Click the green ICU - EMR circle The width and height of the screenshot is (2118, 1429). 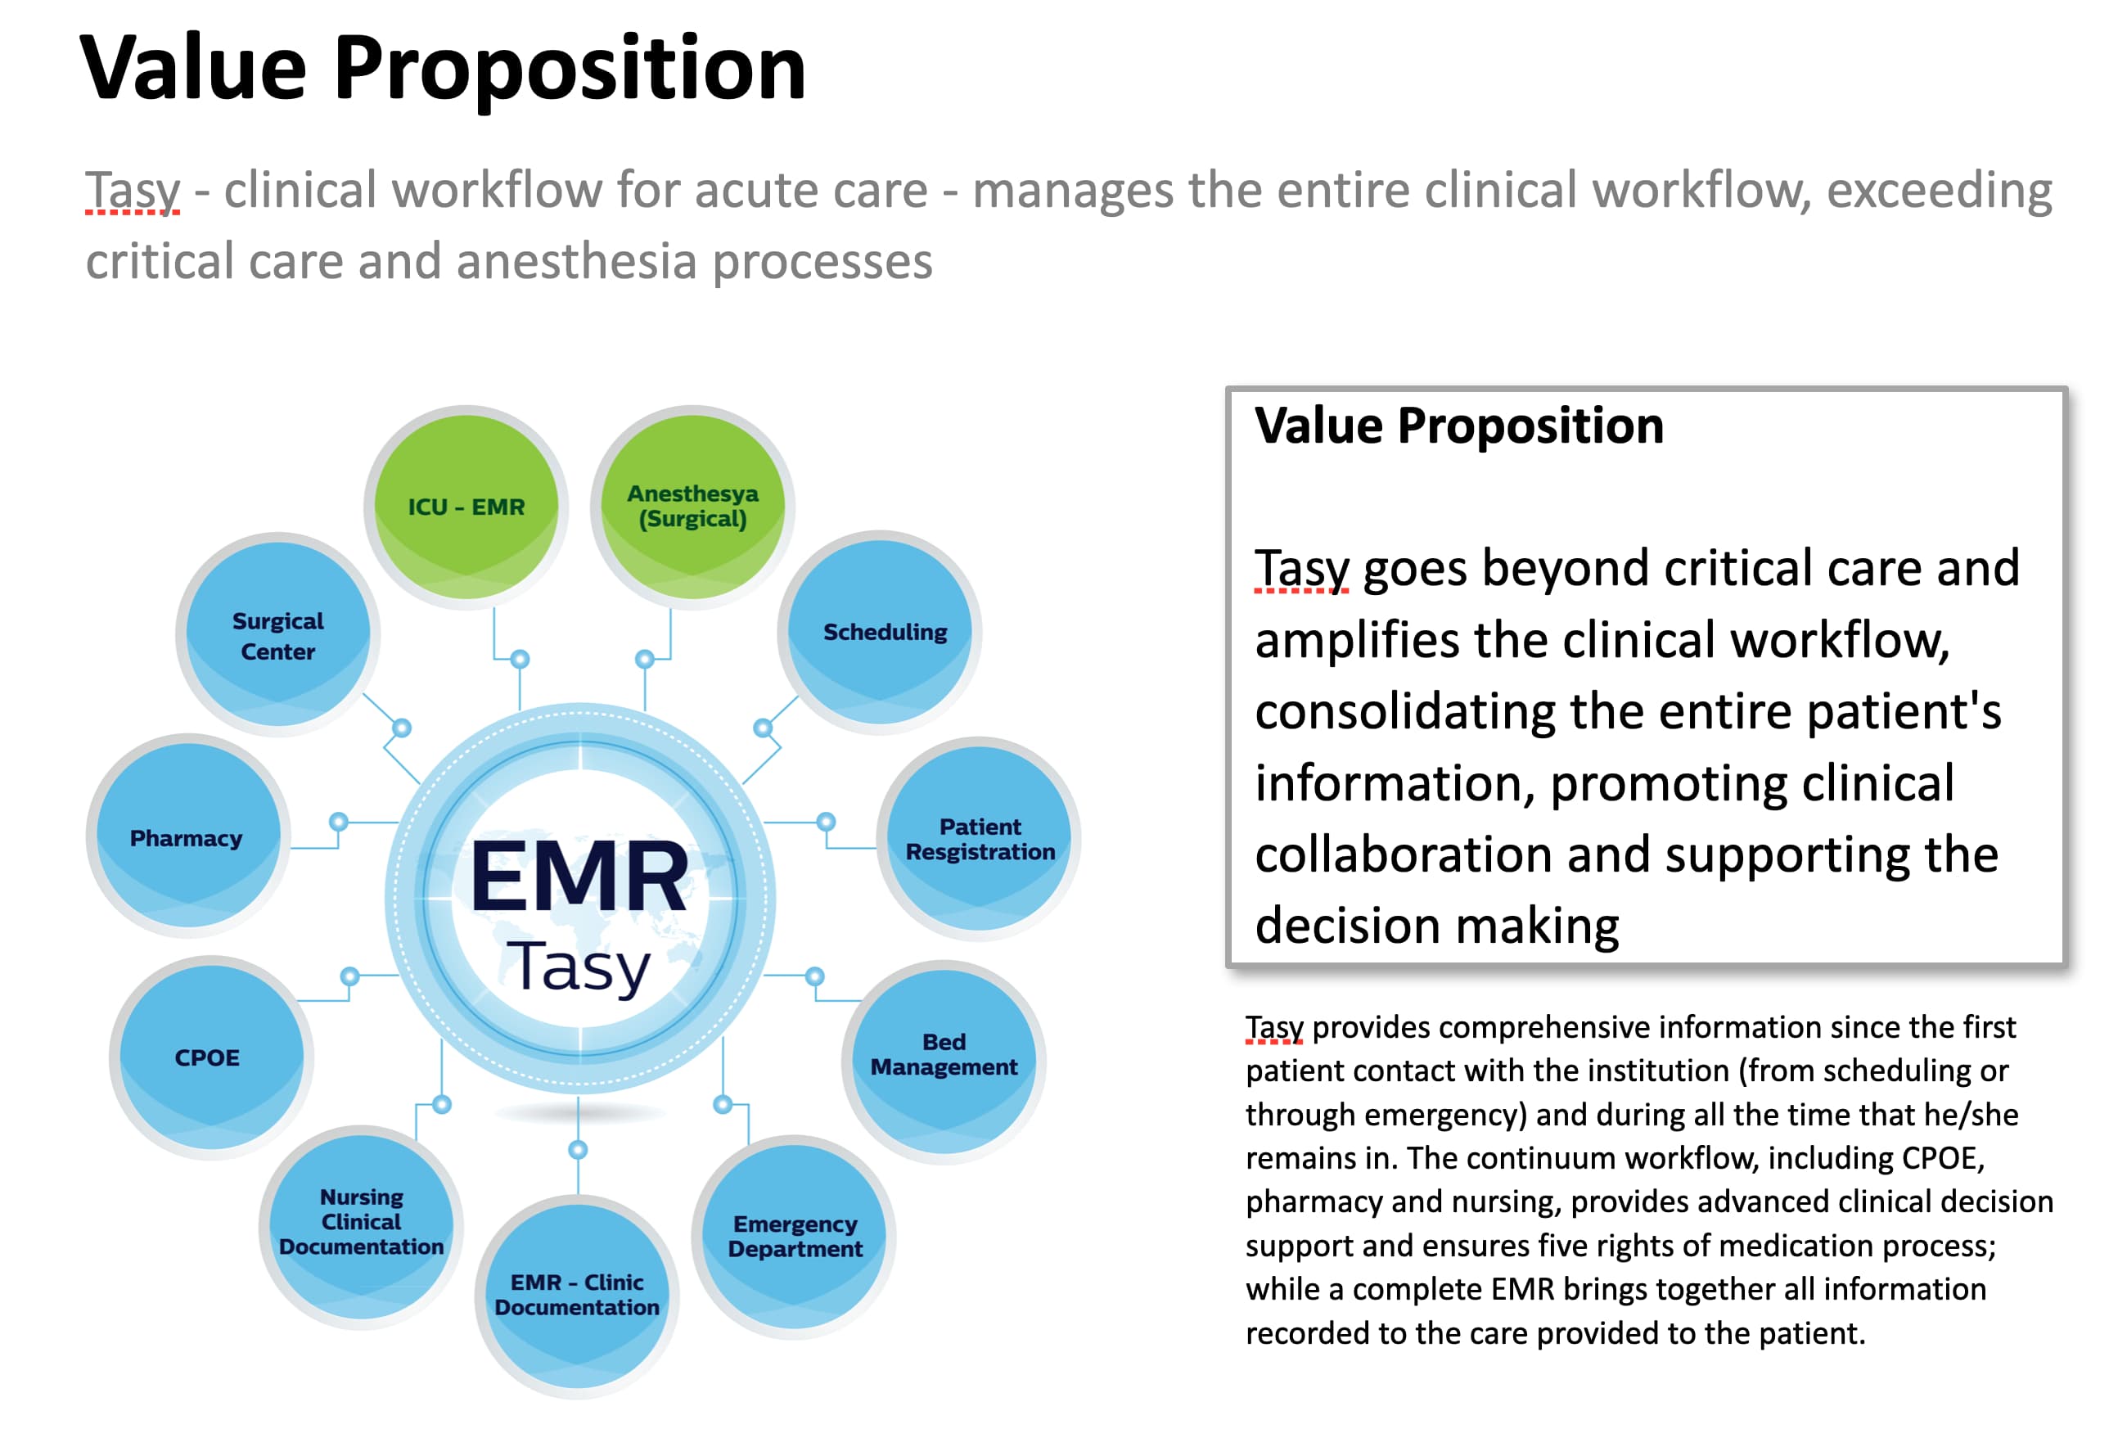click(x=466, y=506)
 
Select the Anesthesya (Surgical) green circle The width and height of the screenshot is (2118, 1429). click(x=692, y=506)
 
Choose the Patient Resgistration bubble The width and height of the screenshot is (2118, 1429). click(x=980, y=838)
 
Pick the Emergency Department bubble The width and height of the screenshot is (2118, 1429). click(x=795, y=1236)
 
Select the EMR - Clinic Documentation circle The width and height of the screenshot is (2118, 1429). click(x=577, y=1294)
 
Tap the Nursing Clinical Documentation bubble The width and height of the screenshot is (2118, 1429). click(x=362, y=1223)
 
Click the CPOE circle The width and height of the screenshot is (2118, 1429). click(x=209, y=1057)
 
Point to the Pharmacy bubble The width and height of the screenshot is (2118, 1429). click(x=187, y=837)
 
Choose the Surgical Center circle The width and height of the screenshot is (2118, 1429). click(x=278, y=635)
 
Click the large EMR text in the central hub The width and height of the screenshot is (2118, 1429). click(x=579, y=877)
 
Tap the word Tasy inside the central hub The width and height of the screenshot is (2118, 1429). click(x=579, y=968)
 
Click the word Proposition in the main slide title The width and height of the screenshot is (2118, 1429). click(x=570, y=69)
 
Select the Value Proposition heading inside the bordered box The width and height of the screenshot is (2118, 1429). click(x=1458, y=426)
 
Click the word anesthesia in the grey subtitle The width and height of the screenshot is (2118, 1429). click(x=576, y=262)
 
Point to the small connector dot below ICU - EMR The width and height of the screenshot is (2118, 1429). click(x=520, y=659)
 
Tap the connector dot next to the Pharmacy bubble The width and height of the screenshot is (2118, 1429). click(x=339, y=821)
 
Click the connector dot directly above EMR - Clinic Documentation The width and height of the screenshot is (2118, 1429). click(x=578, y=1150)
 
